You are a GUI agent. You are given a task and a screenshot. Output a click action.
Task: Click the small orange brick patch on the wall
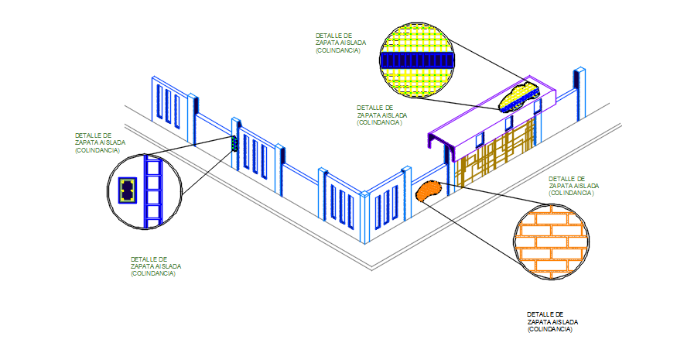point(427,190)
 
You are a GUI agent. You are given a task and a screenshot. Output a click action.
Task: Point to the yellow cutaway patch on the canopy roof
point(518,97)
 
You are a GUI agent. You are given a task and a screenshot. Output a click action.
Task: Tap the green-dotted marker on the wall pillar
point(234,144)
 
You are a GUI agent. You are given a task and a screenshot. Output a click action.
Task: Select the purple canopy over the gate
point(495,116)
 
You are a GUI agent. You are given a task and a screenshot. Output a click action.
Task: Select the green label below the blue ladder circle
point(158,266)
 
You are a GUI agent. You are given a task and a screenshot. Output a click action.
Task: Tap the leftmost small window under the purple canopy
point(480,139)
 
